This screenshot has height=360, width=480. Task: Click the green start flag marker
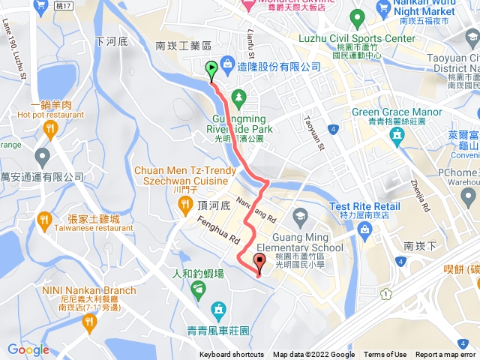click(211, 70)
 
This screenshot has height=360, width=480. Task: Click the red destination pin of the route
click(260, 263)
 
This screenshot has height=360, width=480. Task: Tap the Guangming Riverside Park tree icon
click(238, 97)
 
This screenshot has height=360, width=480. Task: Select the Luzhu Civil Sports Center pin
click(357, 16)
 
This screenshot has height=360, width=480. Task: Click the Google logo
click(28, 349)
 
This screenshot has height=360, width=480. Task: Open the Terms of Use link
click(385, 355)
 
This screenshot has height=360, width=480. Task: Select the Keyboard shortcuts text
click(231, 355)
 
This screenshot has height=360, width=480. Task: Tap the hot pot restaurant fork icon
click(51, 129)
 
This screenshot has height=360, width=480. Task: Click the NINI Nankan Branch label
click(89, 291)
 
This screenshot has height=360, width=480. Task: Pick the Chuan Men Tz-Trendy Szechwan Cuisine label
click(180, 175)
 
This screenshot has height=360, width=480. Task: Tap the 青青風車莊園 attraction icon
click(218, 309)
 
